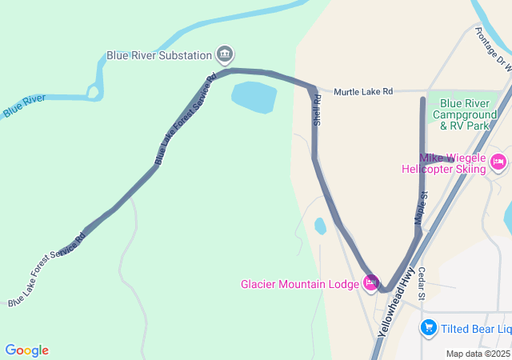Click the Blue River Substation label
pos(159,56)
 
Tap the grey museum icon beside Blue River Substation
pos(226,54)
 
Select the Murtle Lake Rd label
pos(363,92)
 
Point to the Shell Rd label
pos(318,110)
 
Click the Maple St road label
pos(421,207)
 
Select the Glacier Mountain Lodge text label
pos(299,284)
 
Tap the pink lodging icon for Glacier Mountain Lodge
pos(370,282)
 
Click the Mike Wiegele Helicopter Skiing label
pos(443,163)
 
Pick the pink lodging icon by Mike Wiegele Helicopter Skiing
pos(498,163)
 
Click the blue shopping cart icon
pos(429,327)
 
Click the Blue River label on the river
pos(23,106)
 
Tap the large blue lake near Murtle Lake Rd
pos(254,97)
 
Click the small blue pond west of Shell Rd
pos(320,226)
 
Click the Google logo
pos(26,350)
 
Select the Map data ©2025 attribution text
pos(478,354)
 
